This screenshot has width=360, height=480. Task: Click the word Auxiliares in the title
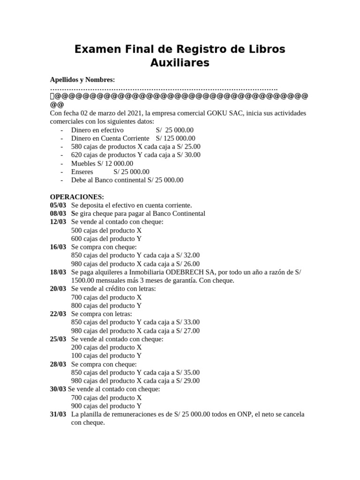click(180, 62)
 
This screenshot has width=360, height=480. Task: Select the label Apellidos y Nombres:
click(82, 80)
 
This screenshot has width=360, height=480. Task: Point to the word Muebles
click(83, 163)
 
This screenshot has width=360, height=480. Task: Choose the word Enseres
click(82, 172)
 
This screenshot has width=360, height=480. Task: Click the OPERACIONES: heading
click(77, 197)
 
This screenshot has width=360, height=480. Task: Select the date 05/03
click(58, 205)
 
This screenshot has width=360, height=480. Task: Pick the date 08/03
click(58, 213)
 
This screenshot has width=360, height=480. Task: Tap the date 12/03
click(58, 222)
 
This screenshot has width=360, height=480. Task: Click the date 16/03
click(58, 247)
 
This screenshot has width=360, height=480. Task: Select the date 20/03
click(58, 289)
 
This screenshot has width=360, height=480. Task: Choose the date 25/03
click(58, 339)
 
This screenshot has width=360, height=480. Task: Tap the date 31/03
click(58, 414)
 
